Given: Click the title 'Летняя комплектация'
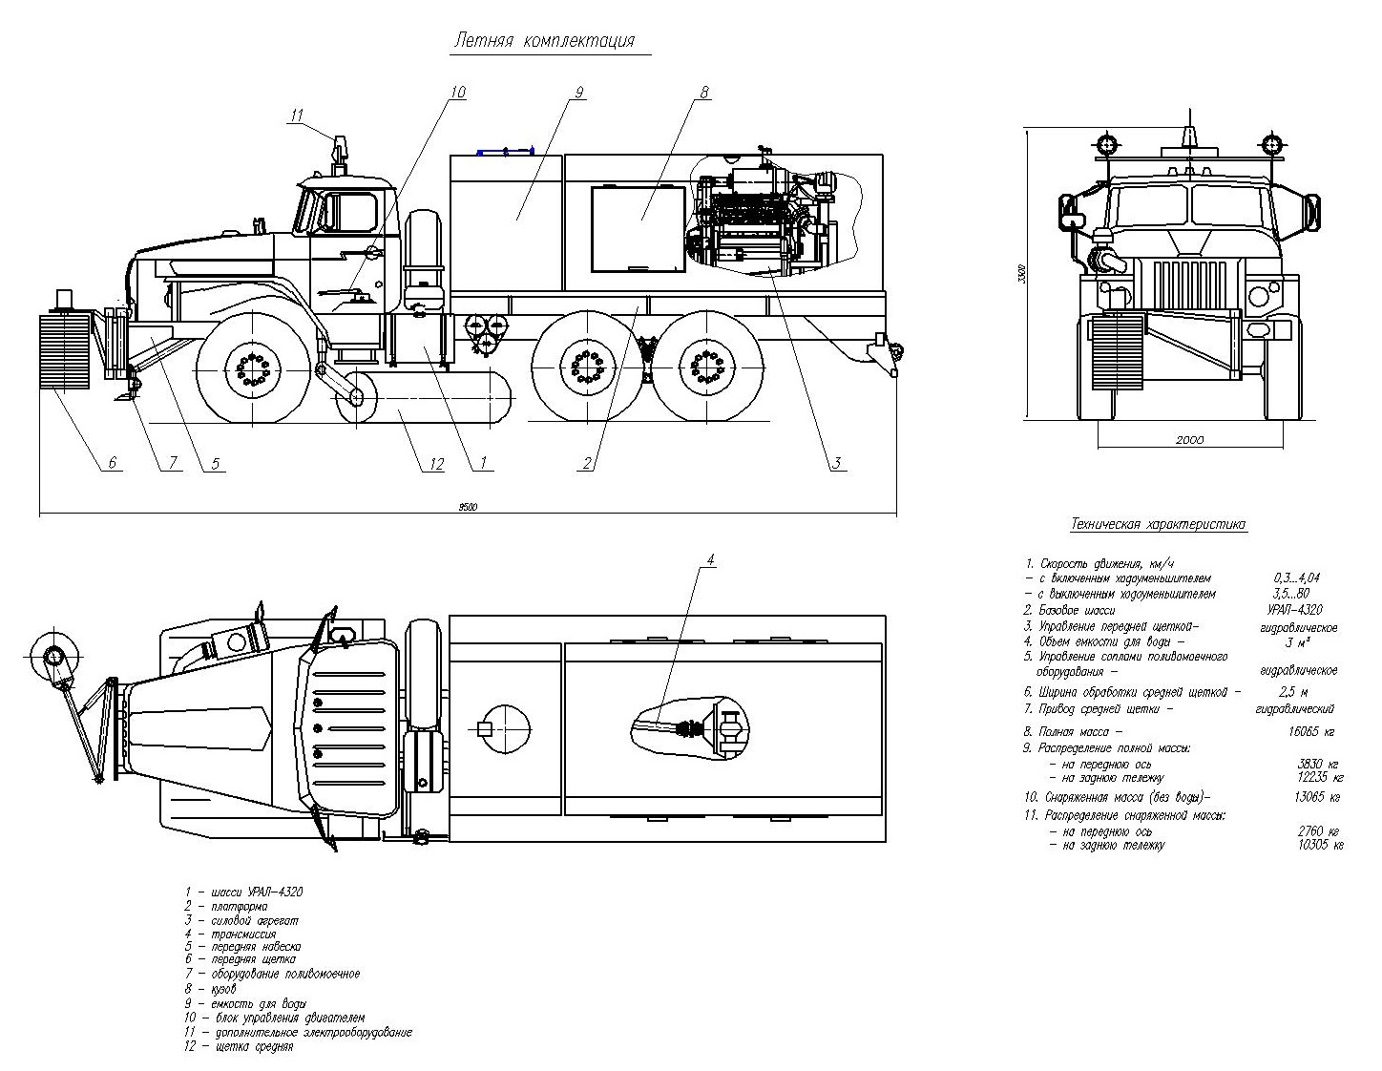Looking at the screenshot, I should point(544,41).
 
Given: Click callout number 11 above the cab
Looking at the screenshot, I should point(297,115).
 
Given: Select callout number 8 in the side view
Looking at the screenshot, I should point(704,93).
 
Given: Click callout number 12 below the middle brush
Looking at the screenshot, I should point(436,464).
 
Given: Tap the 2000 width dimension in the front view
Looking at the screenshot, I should point(1190,440).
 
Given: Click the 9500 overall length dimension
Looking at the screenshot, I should point(467,507).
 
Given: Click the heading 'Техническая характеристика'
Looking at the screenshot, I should point(1159,524).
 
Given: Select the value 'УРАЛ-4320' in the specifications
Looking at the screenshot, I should point(1295,610).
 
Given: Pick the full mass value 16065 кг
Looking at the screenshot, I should point(1309,732).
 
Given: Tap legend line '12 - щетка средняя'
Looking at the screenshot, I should point(240,1046).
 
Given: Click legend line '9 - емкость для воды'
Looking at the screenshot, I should point(246,1004).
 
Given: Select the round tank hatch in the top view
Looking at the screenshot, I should point(501,729).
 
